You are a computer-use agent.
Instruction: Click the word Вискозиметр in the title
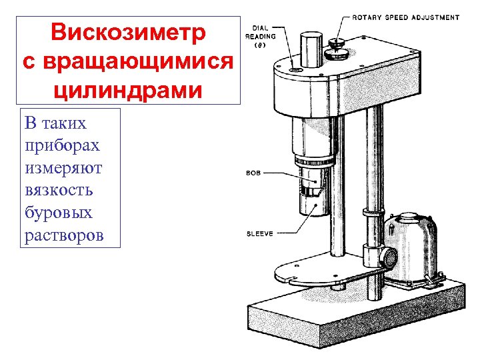[x=129, y=33]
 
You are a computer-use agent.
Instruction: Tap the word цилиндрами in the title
[x=129, y=89]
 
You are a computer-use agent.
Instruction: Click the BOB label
[x=253, y=173]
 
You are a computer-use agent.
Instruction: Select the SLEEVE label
[x=260, y=234]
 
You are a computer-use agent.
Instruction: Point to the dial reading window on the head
[x=294, y=69]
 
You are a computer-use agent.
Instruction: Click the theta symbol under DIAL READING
[x=257, y=47]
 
